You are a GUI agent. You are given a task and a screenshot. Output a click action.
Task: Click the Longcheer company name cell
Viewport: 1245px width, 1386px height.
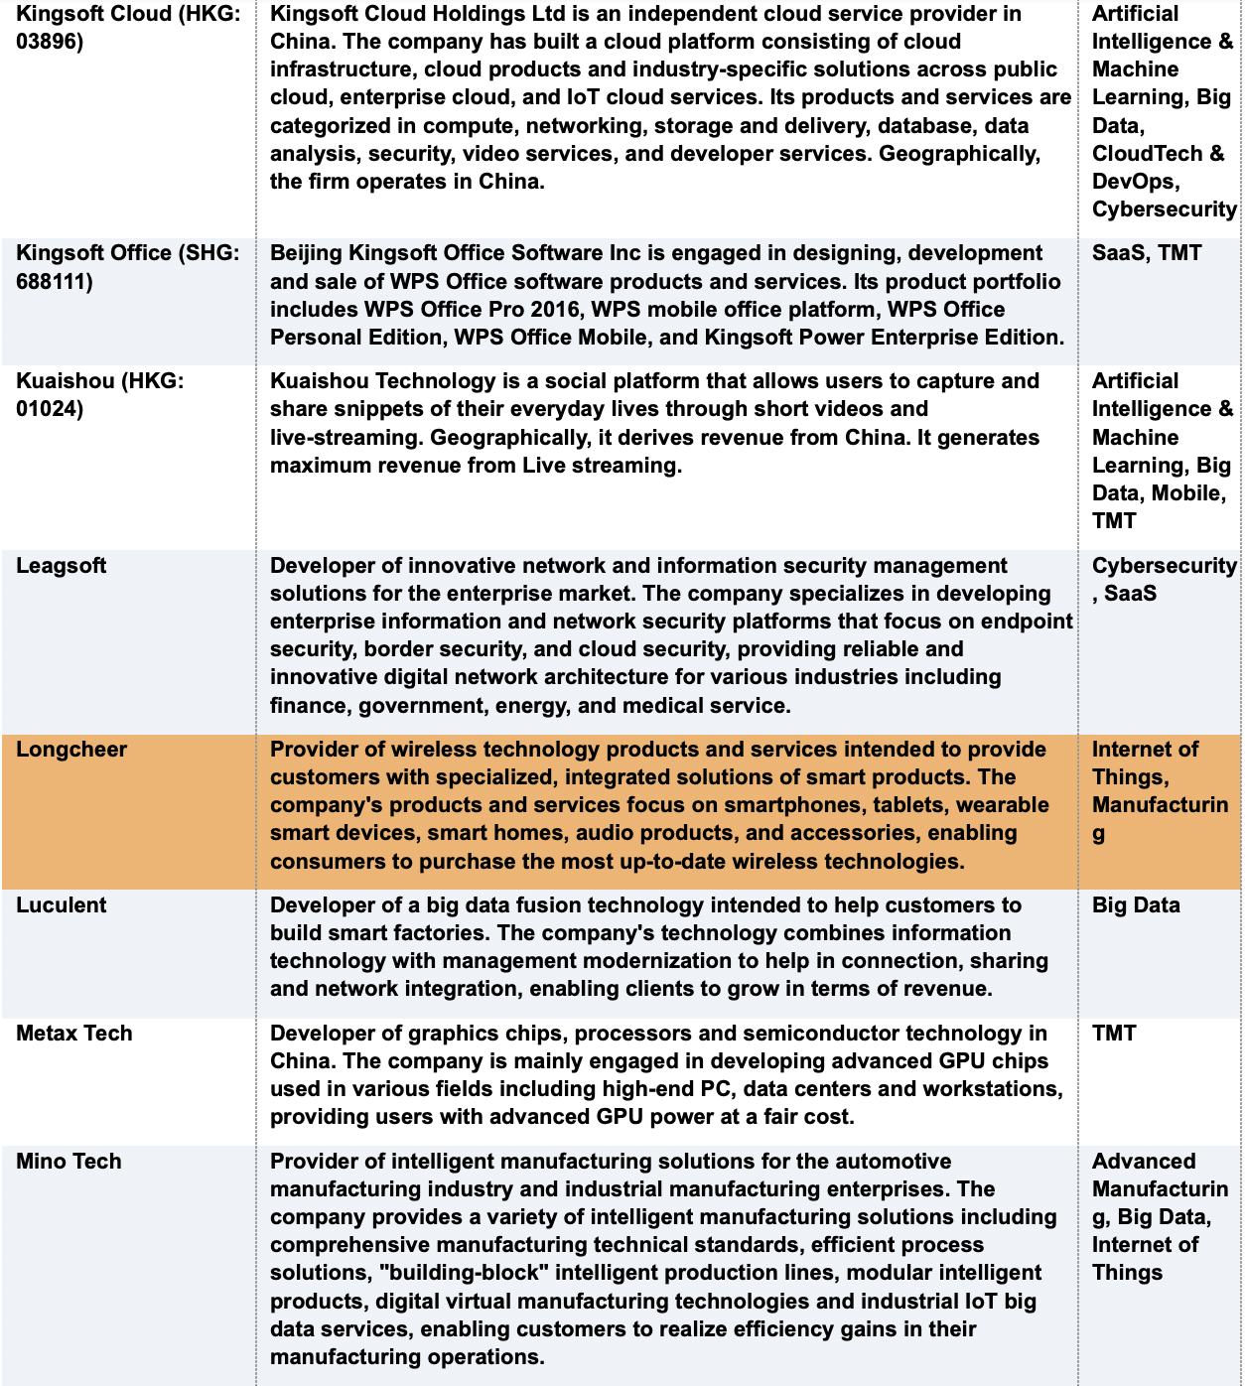(x=71, y=750)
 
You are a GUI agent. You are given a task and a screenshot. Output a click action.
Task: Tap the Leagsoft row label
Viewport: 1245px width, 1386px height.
(x=62, y=566)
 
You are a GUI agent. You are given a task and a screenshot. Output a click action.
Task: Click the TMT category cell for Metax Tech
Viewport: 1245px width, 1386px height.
(x=1114, y=1034)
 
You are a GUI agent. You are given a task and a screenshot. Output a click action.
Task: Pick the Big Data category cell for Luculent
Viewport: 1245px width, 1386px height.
(x=1136, y=905)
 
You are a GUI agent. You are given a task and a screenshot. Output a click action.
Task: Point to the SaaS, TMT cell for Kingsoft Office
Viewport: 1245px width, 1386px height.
(x=1147, y=253)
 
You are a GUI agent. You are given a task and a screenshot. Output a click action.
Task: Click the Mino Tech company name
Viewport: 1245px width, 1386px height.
(x=69, y=1162)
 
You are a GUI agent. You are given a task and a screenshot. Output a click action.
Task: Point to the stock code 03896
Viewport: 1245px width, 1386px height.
(x=49, y=42)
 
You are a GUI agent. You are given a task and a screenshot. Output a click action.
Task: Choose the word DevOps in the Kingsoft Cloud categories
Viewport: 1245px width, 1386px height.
(x=1134, y=182)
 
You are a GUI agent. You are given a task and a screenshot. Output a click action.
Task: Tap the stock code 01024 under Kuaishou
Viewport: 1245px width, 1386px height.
(x=49, y=409)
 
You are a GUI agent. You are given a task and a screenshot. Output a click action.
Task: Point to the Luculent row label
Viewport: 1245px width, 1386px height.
(x=62, y=905)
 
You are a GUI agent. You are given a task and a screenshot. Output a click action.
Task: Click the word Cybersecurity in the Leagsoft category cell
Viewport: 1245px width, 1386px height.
(x=1164, y=566)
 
